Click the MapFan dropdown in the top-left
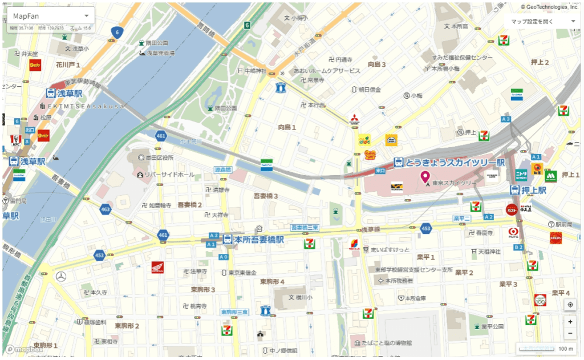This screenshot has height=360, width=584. pyautogui.click(x=50, y=16)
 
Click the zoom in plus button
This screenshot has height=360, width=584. pyautogui.click(x=570, y=322)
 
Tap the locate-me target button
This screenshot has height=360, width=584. pyautogui.click(x=570, y=305)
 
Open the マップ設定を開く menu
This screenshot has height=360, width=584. pyautogui.click(x=542, y=21)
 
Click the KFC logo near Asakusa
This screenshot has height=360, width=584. pyautogui.click(x=15, y=140)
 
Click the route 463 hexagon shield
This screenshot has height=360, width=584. pyautogui.click(x=104, y=209)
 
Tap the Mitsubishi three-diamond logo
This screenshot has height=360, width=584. pyautogui.click(x=354, y=119)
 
